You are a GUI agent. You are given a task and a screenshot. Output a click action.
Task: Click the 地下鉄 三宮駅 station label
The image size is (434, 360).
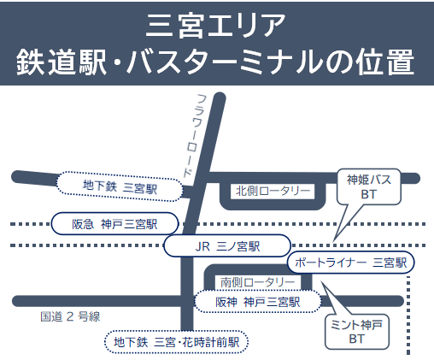point(120,186)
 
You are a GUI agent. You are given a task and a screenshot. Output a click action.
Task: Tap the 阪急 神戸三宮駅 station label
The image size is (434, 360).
point(114,224)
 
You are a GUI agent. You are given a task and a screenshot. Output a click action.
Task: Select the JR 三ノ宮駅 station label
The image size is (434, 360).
point(227,245)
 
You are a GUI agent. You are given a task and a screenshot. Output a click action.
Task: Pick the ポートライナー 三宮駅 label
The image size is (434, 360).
point(350,262)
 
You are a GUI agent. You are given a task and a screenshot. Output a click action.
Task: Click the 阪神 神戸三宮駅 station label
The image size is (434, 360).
point(258,302)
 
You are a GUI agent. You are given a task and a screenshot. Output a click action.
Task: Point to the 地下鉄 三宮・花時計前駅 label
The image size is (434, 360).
point(177,342)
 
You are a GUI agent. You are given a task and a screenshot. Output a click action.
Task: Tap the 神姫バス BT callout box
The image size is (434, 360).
point(369,186)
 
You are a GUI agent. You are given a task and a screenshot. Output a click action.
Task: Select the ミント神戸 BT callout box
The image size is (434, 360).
point(357,332)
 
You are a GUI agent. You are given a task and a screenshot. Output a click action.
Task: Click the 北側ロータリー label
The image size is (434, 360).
point(273,191)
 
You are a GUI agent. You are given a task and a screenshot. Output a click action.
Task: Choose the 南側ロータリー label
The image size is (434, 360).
point(258,282)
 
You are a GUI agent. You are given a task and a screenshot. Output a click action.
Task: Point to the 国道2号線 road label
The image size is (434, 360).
point(70,316)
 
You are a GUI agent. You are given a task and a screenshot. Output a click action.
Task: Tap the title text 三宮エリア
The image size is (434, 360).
point(215,27)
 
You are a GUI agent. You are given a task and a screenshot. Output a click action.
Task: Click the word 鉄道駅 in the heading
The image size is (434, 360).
point(61,62)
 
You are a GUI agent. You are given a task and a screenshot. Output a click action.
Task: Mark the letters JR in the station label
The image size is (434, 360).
point(202,246)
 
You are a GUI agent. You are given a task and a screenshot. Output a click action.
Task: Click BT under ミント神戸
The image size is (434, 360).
point(357,339)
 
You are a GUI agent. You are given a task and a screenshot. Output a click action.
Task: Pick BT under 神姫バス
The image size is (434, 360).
point(369,194)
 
